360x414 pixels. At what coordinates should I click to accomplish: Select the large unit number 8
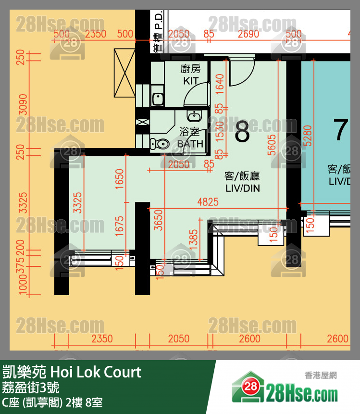[x=242, y=132]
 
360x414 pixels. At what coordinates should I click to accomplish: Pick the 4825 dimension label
[x=208, y=202]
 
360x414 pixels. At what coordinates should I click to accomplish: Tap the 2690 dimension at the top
[x=248, y=34]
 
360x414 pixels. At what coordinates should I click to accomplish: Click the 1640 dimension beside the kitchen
[x=220, y=83]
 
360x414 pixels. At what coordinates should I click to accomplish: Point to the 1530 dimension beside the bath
[x=220, y=130]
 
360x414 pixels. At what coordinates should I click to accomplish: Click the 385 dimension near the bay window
[x=194, y=238]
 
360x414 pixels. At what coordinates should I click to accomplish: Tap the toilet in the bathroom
[x=159, y=143]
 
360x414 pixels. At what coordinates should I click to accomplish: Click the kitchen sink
[x=158, y=99]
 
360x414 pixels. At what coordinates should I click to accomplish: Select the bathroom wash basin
[x=194, y=116]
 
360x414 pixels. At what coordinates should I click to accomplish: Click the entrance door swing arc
[x=241, y=72]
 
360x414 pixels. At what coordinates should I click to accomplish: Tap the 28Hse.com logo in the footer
[x=285, y=389]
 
